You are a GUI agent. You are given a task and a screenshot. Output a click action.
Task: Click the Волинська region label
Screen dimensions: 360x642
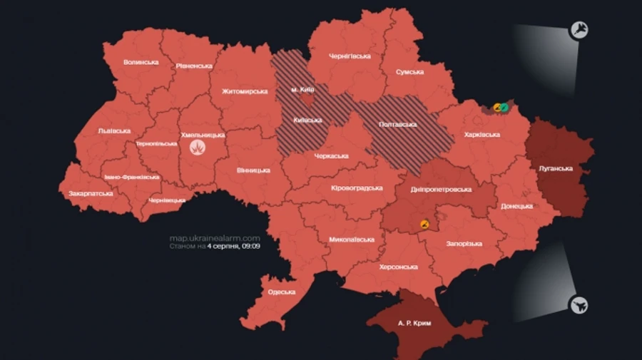141,62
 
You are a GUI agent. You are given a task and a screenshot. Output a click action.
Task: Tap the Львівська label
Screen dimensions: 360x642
114,131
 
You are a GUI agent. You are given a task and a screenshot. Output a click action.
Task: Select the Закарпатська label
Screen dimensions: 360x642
91,193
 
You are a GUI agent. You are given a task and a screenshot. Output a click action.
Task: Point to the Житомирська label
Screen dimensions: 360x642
245,91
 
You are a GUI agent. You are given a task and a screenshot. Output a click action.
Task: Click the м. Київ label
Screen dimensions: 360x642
303,90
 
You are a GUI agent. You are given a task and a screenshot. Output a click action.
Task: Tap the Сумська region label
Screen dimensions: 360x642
410,72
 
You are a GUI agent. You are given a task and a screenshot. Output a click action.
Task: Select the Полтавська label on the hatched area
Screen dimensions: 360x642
397,124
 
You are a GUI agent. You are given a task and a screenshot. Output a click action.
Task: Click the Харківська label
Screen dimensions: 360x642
481,134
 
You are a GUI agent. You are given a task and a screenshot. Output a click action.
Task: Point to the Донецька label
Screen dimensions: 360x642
516,206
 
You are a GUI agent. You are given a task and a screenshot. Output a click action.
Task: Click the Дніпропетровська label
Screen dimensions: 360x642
442,190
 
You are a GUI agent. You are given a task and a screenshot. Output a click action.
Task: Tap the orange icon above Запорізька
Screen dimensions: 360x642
425,224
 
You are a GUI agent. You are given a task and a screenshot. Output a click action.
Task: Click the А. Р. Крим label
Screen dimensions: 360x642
414,323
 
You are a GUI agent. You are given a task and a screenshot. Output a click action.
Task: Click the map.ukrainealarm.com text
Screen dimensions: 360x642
214,238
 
